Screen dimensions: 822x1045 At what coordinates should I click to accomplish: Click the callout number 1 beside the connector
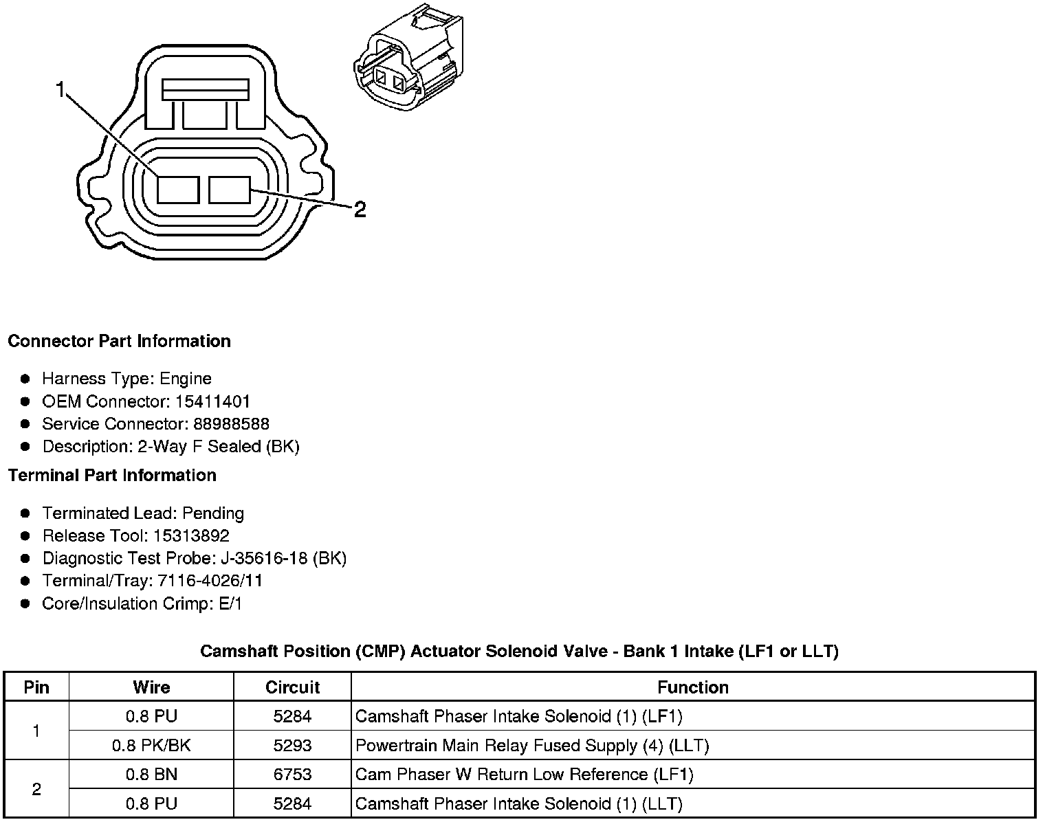(61, 90)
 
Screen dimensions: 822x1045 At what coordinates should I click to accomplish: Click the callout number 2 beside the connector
(360, 209)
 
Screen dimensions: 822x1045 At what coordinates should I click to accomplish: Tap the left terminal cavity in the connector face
(178, 190)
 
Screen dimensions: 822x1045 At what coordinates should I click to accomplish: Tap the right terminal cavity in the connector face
(230, 190)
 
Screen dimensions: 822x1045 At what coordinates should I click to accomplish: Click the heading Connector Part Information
(119, 342)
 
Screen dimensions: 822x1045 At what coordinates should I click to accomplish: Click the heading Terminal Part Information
(112, 476)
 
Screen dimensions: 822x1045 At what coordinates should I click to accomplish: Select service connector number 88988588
(231, 424)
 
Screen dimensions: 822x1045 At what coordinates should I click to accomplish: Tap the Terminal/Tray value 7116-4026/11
(210, 581)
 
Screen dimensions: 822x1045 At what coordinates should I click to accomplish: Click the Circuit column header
(292, 687)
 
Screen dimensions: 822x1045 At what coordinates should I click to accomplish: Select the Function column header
(692, 687)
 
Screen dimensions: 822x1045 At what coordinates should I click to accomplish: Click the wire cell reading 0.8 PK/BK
(151, 746)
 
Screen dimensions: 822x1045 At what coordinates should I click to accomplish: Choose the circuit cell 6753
(292, 775)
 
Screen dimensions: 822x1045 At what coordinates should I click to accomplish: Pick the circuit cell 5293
(292, 746)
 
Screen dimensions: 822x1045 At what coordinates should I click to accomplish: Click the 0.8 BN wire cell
(151, 775)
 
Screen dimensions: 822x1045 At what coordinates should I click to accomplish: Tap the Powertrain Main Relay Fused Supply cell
(531, 746)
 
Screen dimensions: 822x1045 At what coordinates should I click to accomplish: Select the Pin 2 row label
(36, 789)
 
